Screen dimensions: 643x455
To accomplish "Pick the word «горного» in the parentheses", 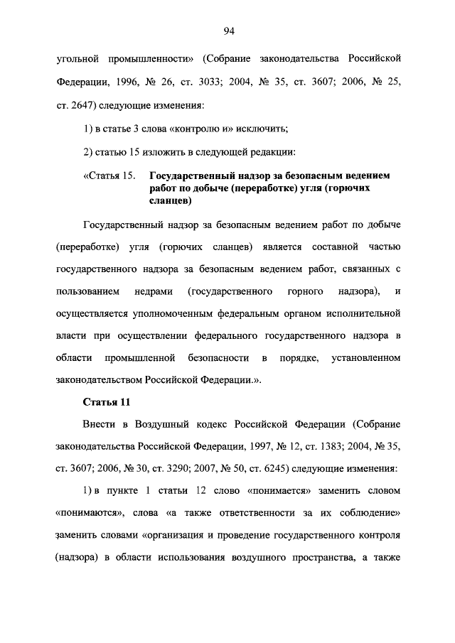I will pos(306,291).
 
